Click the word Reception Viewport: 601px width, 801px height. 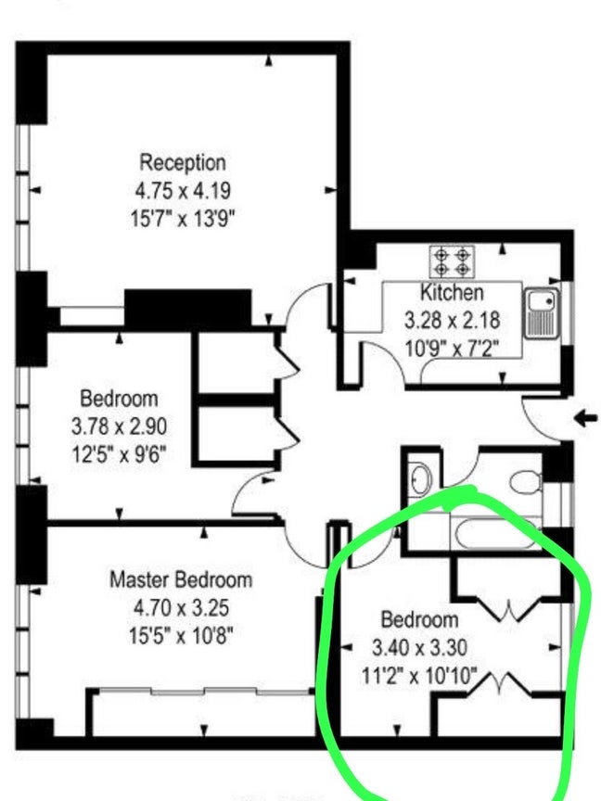click(183, 162)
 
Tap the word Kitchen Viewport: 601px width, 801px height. click(452, 292)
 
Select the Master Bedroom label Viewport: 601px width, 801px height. click(181, 579)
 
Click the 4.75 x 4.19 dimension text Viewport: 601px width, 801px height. click(183, 191)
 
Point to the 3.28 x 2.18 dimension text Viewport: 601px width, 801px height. click(453, 321)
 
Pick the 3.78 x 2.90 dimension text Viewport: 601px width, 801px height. click(119, 426)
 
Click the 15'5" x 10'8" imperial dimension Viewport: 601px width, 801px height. click(181, 636)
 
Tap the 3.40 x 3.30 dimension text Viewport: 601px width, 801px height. click(419, 648)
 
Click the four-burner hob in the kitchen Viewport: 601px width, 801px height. click(453, 261)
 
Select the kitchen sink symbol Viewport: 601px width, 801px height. click(541, 312)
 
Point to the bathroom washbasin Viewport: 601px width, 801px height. click(420, 478)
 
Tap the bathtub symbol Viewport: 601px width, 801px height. click(494, 533)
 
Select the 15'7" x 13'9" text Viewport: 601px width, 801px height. click(183, 219)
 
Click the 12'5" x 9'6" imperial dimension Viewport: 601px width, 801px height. click(119, 453)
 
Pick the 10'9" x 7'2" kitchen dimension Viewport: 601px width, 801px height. click(453, 349)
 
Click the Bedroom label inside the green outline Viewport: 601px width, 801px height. click(419, 619)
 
